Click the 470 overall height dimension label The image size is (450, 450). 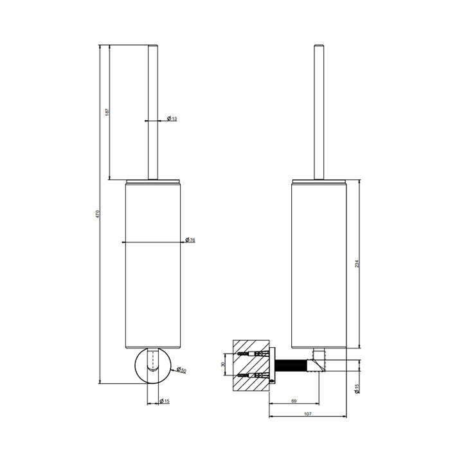(97, 215)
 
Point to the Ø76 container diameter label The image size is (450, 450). (191, 240)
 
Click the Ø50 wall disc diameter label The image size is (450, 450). (183, 371)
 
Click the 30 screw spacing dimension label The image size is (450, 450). (223, 364)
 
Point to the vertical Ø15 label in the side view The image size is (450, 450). (356, 388)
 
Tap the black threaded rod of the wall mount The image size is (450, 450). (293, 364)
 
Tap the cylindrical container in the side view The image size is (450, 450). (319, 264)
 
